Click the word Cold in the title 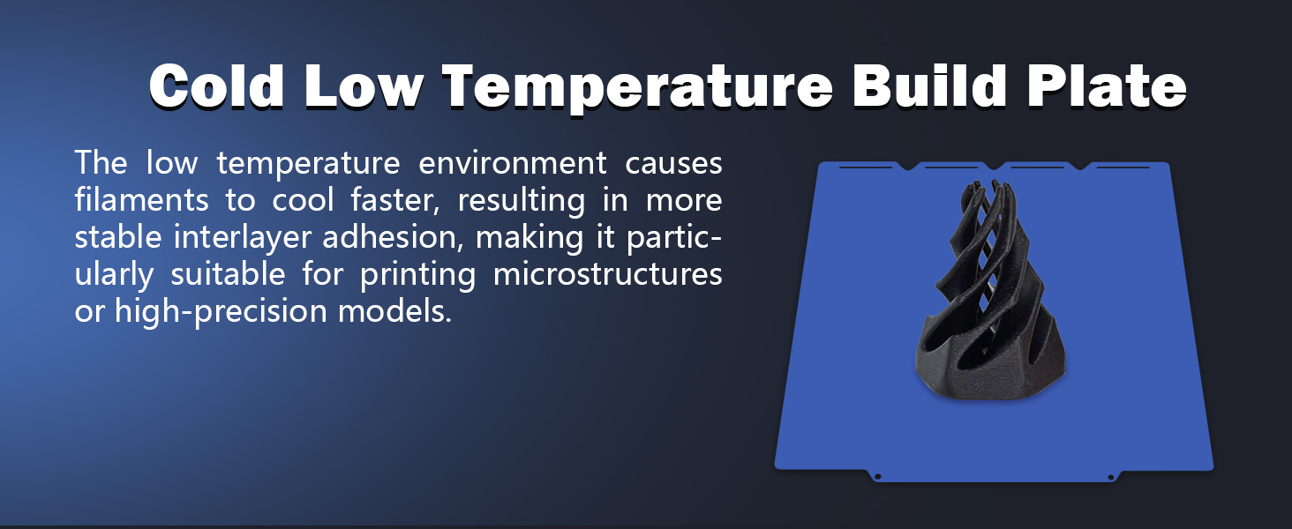coord(216,86)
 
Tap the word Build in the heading coord(929,86)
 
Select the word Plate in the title coord(1107,86)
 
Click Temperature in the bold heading coord(637,87)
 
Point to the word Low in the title coord(364,86)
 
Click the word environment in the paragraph coord(512,162)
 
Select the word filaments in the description coord(141,199)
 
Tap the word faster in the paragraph coord(395,200)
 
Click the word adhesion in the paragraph coord(393,237)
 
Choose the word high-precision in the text coord(221,312)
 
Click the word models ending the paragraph coord(394,311)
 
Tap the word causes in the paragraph coord(673,164)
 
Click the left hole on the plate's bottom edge coord(878,477)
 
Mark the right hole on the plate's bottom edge coord(1111,477)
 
